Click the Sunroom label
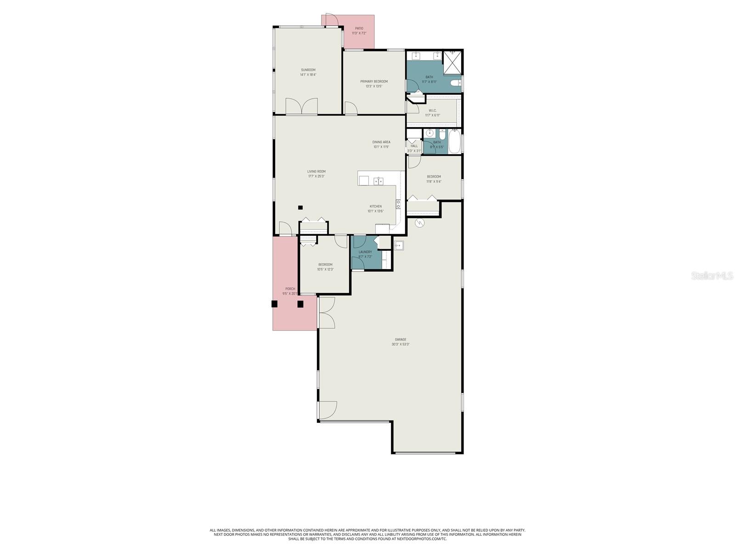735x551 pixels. click(308, 70)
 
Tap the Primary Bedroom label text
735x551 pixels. click(373, 81)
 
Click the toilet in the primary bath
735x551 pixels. click(455, 83)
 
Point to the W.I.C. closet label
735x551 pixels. click(432, 111)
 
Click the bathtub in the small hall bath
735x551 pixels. click(454, 141)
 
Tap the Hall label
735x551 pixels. click(414, 146)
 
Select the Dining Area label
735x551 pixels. click(381, 142)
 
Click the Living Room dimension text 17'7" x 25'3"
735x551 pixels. click(316, 176)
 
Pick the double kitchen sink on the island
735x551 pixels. click(379, 181)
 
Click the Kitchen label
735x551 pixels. click(375, 206)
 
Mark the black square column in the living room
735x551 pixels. click(300, 207)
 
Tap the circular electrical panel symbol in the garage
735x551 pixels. click(419, 223)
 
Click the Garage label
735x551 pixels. click(400, 339)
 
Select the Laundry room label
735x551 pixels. click(365, 252)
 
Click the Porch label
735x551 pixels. click(290, 289)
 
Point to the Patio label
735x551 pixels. click(359, 28)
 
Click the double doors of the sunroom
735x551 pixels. click(301, 106)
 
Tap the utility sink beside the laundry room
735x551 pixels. click(398, 245)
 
